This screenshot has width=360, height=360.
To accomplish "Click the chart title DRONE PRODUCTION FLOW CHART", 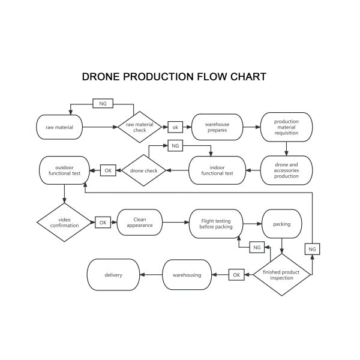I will coord(174,77).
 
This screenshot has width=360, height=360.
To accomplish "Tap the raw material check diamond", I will coord(139,127).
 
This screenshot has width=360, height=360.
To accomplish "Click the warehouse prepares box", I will coord(217,127).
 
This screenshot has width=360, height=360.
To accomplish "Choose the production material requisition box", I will coord(286,127).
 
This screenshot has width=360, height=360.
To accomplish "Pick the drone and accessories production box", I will coord(286,170).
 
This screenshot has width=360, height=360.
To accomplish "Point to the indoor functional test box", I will coord(217,170).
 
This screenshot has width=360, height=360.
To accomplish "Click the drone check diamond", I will coord(143,170).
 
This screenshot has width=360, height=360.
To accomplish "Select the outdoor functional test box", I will coord(64,170).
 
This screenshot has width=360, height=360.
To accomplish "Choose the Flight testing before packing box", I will coord(215,223).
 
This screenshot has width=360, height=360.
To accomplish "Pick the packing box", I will coord(281,224).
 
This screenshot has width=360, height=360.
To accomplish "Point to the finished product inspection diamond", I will coord(281,274).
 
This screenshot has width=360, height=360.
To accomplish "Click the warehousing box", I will coord(187,275).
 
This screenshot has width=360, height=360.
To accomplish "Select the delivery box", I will coord(113,275).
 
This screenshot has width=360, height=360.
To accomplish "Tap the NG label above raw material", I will coord(103,104).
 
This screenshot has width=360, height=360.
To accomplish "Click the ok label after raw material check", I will coord(176,127).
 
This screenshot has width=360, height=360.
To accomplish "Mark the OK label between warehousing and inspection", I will coord(236,275).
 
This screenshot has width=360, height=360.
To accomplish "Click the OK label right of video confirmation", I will coord(103,222).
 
